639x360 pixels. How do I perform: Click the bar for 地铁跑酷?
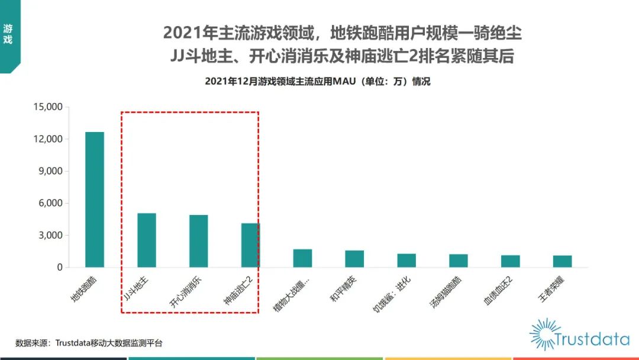click(95, 200)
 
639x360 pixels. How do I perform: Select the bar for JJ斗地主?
click(146, 240)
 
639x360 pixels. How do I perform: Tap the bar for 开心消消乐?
click(198, 241)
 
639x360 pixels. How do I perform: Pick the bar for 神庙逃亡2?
click(250, 245)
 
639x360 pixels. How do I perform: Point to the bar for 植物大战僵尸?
click(302, 258)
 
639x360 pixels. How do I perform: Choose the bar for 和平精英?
click(354, 259)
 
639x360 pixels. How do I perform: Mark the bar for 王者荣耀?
click(562, 261)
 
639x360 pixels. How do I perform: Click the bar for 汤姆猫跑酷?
click(459, 261)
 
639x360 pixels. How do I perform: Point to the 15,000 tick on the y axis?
click(47, 107)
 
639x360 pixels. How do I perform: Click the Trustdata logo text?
click(592, 339)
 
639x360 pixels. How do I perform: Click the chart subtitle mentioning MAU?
click(318, 82)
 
